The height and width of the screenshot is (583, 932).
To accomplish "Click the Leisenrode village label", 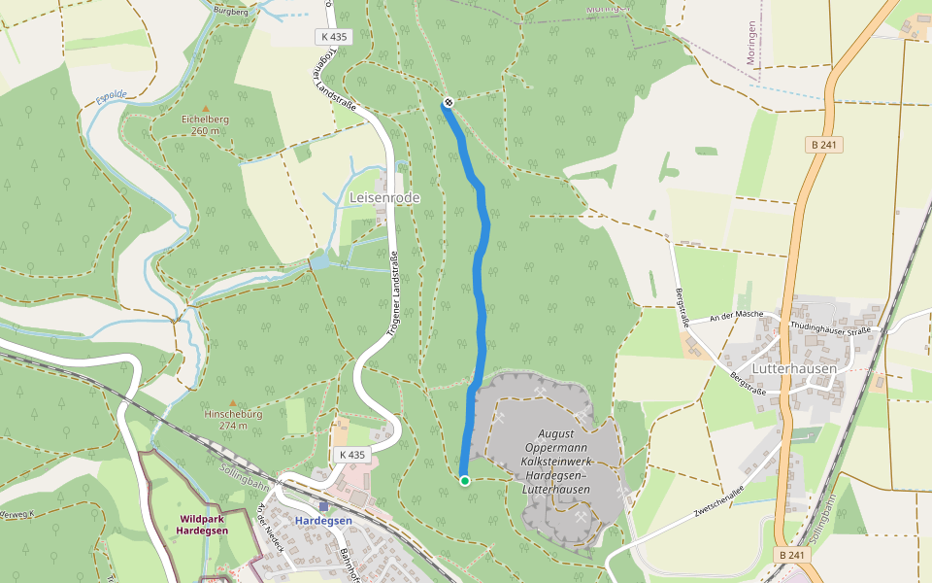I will [384, 198].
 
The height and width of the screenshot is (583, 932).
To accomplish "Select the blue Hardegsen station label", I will [323, 521].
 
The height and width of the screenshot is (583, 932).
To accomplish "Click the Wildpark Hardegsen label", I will [205, 525].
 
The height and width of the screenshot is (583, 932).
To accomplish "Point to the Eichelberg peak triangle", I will [205, 108].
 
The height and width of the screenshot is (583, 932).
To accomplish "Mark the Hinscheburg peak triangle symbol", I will [232, 402].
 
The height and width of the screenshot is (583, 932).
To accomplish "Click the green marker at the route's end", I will [465, 480].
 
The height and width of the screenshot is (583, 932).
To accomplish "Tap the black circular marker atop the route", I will [449, 102].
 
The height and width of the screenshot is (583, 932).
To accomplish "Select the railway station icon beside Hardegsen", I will [323, 507].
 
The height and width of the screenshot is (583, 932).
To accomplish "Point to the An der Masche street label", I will [736, 317].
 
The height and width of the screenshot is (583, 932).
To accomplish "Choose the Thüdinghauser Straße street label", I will [830, 328].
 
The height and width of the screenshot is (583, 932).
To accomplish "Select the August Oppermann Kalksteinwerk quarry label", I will [556, 462].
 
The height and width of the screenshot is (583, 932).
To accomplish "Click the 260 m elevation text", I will [205, 130].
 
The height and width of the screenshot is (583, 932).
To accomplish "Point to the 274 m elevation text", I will [233, 425].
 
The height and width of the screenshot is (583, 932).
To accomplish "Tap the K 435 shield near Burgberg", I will [333, 37].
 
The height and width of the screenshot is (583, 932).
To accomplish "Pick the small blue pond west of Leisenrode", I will [319, 262].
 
